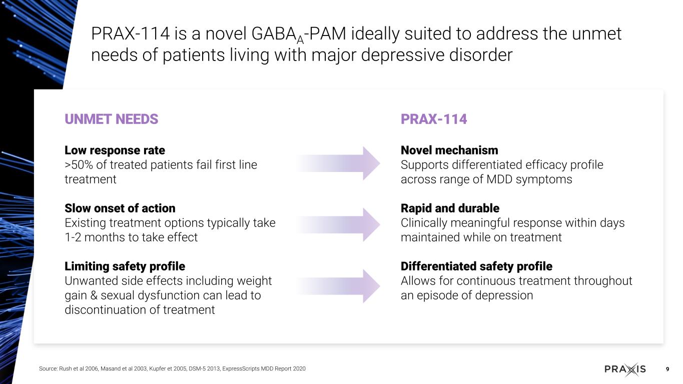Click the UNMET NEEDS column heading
tap(111, 119)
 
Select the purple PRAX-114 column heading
tap(434, 119)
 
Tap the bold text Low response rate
tap(115, 150)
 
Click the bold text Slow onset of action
tap(120, 208)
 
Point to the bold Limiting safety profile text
tap(125, 266)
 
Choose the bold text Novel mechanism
tap(449, 150)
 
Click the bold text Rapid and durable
tap(450, 208)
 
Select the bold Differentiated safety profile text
tap(476, 266)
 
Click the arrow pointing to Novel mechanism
tap(338, 163)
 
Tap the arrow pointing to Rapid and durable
tap(338, 224)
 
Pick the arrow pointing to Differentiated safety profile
tap(338, 286)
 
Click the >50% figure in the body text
tap(79, 165)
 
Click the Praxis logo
tap(625, 369)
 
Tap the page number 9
tap(667, 369)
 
